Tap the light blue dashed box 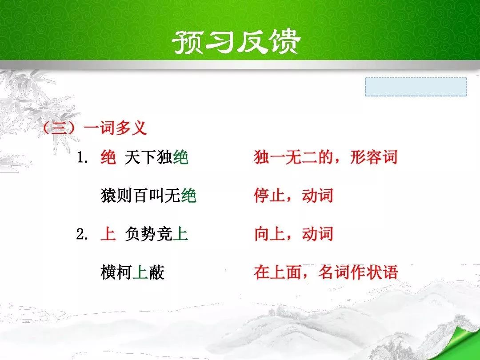coord(416,87)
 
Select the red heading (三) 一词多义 coord(95,128)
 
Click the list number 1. coord(82,158)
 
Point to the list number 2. coord(82,235)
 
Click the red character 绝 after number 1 coord(108,158)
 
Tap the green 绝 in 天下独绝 coord(180,158)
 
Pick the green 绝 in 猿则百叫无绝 coord(188,196)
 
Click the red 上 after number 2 coord(108,234)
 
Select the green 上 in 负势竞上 coord(180,234)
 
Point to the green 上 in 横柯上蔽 coord(140,272)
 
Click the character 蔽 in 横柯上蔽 coord(157,272)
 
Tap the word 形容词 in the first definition coord(373,157)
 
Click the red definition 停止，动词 coord(294,196)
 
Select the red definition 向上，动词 coord(294,234)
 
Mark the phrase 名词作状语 coord(358,272)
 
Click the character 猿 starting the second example coord(108,196)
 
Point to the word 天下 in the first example coord(140,158)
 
